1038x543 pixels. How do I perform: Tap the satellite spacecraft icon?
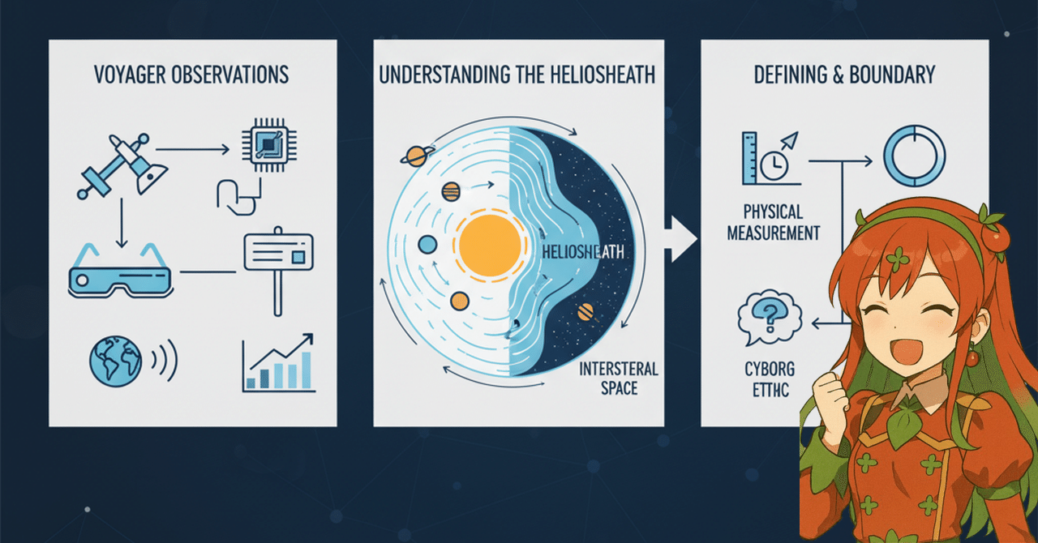(122, 166)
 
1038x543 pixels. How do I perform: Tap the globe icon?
(115, 361)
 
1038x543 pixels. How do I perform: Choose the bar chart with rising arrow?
(278, 363)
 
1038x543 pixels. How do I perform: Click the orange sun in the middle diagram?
(490, 246)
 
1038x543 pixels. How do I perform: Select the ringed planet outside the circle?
(417, 156)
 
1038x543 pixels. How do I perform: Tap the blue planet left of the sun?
(427, 245)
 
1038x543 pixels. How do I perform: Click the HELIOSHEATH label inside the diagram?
(583, 252)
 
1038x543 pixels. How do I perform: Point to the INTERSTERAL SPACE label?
(619, 378)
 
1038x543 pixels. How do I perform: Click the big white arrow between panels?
(680, 238)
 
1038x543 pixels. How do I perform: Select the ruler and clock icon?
(771, 159)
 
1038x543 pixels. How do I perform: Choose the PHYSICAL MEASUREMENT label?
(774, 222)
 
